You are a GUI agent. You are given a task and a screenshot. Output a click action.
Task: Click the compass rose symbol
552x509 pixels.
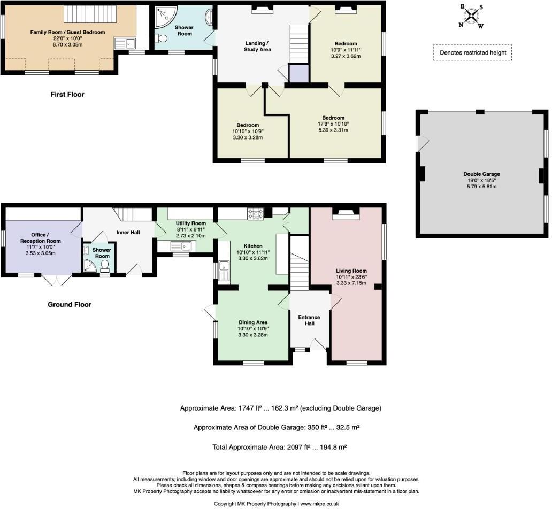tap(470, 16)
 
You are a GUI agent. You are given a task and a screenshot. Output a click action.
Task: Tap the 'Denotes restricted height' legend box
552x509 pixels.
tap(472, 52)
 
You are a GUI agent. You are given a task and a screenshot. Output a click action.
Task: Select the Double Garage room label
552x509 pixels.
tap(481, 174)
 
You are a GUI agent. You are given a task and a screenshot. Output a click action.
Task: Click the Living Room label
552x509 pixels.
tap(351, 271)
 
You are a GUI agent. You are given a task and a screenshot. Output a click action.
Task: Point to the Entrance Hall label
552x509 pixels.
tap(309, 321)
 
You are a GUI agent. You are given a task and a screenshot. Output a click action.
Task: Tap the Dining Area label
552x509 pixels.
tap(253, 322)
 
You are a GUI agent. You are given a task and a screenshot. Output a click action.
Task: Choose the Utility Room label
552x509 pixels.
tap(191, 223)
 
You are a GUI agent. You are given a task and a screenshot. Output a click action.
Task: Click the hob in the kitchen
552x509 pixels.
tap(256, 214)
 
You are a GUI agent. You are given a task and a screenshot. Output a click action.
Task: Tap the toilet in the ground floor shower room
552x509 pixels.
tap(105, 265)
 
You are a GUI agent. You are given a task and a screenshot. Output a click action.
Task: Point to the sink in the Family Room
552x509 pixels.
tap(128, 43)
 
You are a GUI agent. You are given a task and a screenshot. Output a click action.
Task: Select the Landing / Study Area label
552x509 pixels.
tap(258, 46)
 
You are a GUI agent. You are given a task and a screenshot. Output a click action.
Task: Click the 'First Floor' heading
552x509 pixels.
tap(67, 95)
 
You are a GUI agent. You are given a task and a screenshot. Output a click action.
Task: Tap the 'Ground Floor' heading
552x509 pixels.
tap(70, 305)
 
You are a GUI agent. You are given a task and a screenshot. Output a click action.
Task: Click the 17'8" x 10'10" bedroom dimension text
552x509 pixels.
tap(333, 124)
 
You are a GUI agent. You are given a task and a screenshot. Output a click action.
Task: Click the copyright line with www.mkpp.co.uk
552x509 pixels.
tap(275, 504)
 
